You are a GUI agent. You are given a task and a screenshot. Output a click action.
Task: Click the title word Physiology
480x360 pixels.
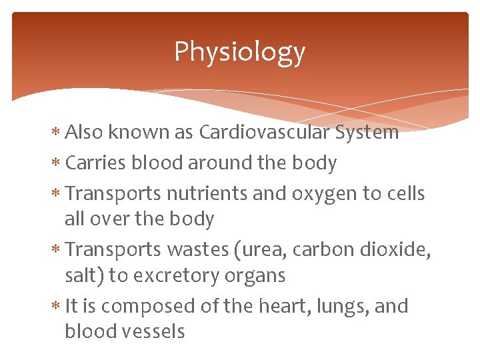239,52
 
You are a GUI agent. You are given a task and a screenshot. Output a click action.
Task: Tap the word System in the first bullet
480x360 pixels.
367,133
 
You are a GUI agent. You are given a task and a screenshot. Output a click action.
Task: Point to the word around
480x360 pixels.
213,163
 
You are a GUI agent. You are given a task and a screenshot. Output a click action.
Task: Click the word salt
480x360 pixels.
82,275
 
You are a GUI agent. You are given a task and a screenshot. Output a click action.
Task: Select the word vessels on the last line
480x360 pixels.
153,331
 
